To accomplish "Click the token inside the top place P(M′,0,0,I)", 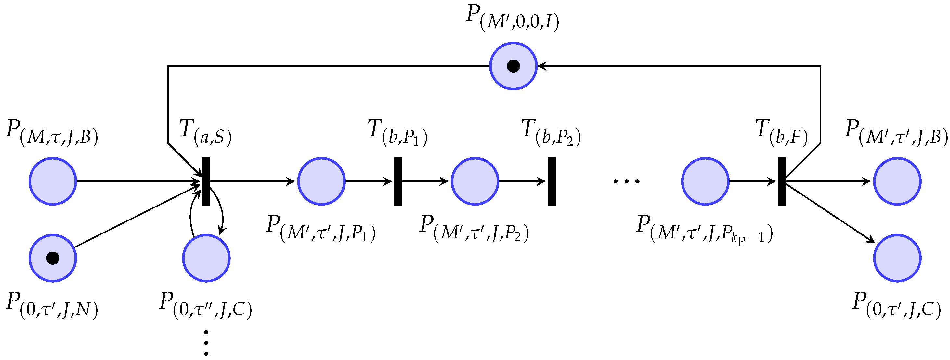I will (514, 66).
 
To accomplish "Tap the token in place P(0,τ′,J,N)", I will (53, 258).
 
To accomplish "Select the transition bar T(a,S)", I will (206, 181).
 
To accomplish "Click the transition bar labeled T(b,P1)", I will (398, 181).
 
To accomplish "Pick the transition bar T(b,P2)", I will (552, 181).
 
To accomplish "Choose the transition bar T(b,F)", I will (782, 181).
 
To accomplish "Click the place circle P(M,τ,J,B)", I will (53, 181).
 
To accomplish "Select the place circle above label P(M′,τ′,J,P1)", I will (321, 181).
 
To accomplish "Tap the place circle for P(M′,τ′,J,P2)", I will (475, 181).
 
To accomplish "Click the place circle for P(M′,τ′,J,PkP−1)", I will (706, 181).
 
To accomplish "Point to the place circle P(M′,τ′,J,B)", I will (897, 181).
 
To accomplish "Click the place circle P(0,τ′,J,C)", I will (897, 258).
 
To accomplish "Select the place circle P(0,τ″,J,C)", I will (206, 258).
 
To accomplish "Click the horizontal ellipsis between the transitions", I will (627, 181).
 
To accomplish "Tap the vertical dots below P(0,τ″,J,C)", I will (206, 343).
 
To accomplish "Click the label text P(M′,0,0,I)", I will (513, 18).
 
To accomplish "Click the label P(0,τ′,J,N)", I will (52, 305).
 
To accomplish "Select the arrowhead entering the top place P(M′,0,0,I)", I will (540, 66).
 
